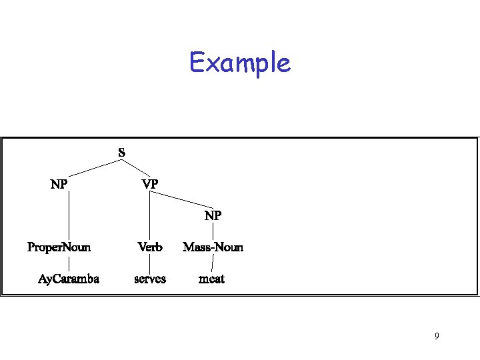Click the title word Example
(240, 63)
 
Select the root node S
(121, 153)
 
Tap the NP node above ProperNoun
(59, 183)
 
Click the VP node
(150, 183)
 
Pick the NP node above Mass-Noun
(213, 216)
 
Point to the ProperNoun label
(59, 247)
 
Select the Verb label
(150, 247)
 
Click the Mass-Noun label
(213, 247)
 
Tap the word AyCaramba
(69, 279)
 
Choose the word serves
(150, 279)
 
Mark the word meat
(212, 279)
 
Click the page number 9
(437, 336)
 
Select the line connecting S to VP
(136, 167)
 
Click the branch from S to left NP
(91, 167)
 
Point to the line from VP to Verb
(150, 215)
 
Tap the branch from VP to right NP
(183, 199)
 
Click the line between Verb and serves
(150, 263)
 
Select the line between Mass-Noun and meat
(212, 264)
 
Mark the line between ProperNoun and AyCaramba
(69, 263)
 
